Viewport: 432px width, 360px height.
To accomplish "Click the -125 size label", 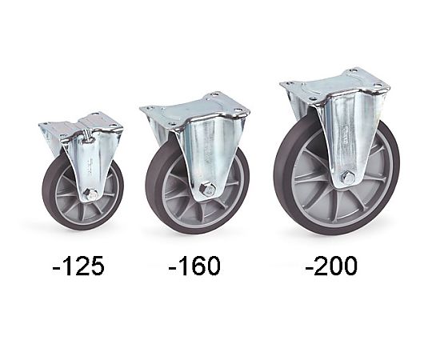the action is tap(78, 266).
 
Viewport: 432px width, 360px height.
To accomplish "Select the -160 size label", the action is tap(194, 266).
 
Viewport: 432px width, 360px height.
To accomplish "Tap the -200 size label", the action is tap(331, 266).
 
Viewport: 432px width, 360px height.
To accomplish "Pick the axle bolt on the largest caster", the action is tap(347, 178).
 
